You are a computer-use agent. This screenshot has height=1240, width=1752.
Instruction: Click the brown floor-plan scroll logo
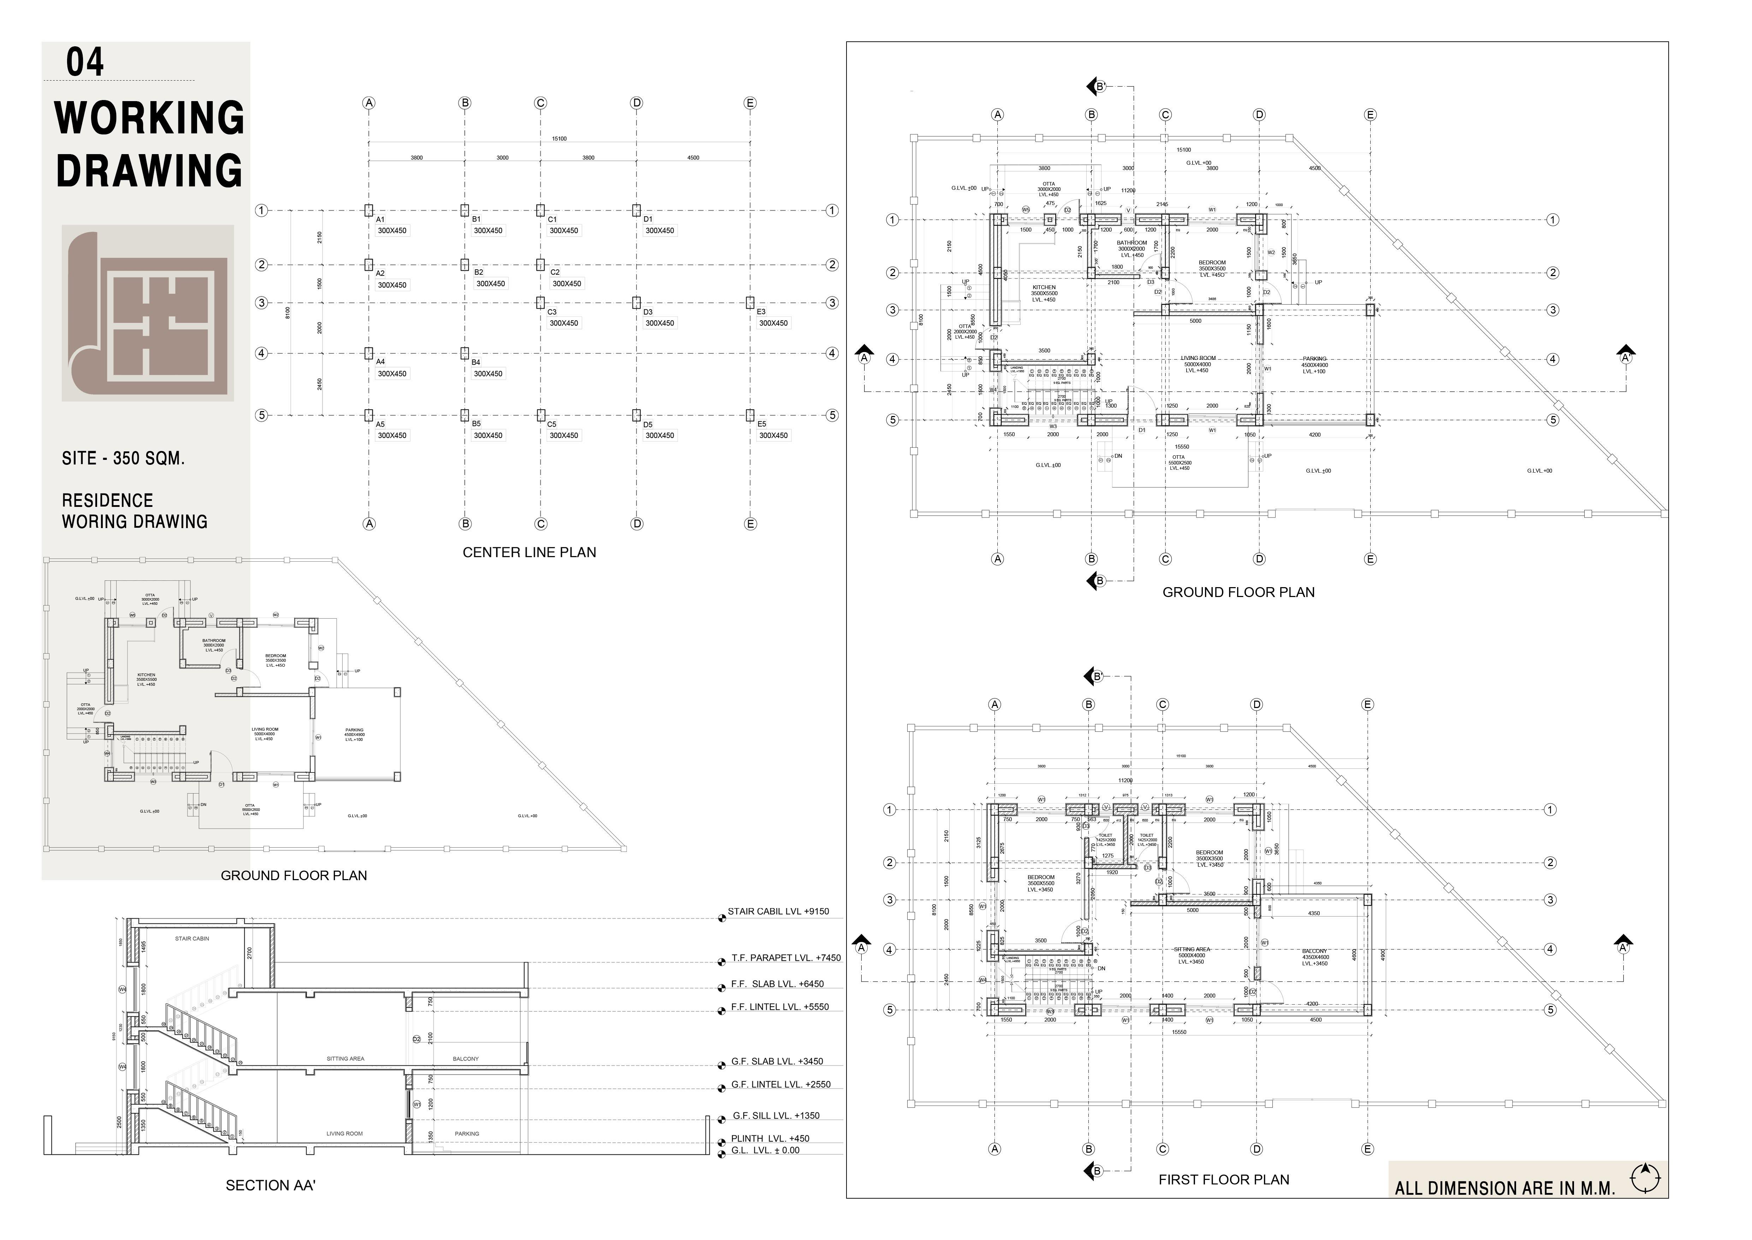pyautogui.click(x=147, y=313)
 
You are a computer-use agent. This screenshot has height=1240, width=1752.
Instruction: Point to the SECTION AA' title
pyautogui.click(x=270, y=1186)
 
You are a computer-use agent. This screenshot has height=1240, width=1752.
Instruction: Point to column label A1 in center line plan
pyautogui.click(x=381, y=219)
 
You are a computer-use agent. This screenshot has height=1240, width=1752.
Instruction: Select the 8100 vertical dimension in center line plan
pyautogui.click(x=288, y=312)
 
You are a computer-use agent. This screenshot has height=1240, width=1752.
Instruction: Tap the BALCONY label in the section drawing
pyautogui.click(x=465, y=1059)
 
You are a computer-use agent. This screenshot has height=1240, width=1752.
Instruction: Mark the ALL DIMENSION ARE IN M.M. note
pyautogui.click(x=1505, y=1189)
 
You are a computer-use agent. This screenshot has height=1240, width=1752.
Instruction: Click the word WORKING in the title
pyautogui.click(x=150, y=118)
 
